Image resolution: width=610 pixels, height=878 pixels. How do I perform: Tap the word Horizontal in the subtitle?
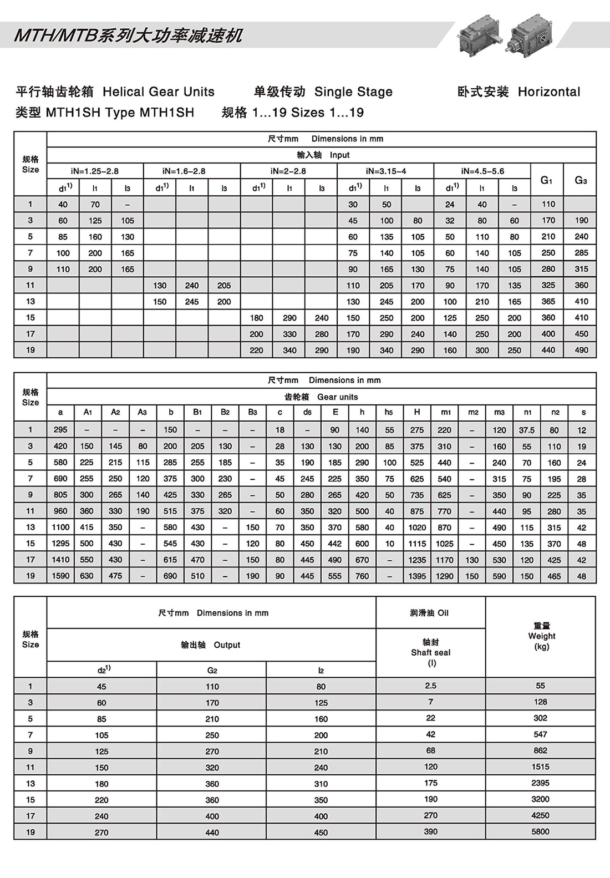(x=549, y=92)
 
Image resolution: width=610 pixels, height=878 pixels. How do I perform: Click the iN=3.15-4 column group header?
(x=385, y=171)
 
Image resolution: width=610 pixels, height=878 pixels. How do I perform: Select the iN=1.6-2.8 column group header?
(x=191, y=171)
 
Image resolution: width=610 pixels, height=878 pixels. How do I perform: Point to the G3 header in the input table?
(x=581, y=180)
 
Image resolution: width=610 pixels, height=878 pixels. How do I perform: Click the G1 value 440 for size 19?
(x=548, y=350)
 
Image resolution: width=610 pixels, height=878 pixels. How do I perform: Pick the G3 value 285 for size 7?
(x=581, y=253)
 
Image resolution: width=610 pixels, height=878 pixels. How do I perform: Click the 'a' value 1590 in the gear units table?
(x=60, y=576)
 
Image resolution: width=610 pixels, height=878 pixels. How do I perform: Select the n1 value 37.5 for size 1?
(x=527, y=430)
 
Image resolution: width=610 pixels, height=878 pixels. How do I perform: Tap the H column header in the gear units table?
(x=417, y=412)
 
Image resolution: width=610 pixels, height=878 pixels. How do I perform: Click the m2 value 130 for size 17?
(x=472, y=560)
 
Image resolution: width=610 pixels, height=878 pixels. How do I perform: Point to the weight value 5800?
(x=540, y=831)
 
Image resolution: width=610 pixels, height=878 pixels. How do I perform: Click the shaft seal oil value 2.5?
(x=430, y=686)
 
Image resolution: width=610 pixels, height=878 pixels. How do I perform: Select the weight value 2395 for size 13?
(x=540, y=783)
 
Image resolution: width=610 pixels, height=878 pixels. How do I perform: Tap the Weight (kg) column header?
(x=541, y=636)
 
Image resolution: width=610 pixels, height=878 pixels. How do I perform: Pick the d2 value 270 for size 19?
(x=101, y=832)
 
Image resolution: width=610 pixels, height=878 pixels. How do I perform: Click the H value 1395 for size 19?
(x=417, y=576)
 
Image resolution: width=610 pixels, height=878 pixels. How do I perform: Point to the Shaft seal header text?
(x=430, y=652)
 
